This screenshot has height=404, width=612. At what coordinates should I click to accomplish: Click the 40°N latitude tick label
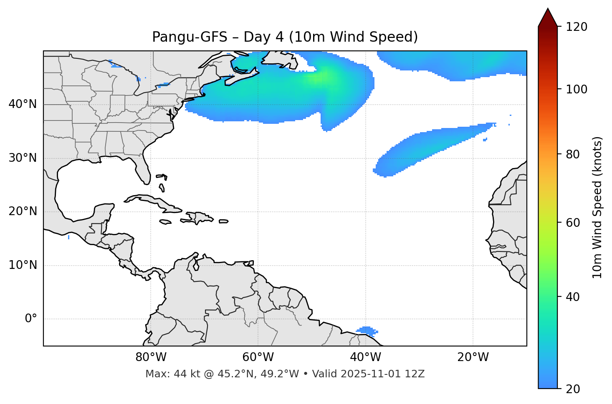tap(23, 104)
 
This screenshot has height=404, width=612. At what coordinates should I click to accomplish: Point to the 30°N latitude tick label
tap(23, 158)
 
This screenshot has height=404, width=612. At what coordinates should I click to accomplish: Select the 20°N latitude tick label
tap(23, 211)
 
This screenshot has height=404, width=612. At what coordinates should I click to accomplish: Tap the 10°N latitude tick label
tap(23, 265)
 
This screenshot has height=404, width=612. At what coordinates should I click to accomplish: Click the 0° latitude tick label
tap(31, 319)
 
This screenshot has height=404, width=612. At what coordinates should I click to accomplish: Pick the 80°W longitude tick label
tap(151, 357)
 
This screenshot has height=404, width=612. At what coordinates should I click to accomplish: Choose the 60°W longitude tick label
tap(258, 357)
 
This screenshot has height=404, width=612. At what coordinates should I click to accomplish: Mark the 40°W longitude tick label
tap(365, 357)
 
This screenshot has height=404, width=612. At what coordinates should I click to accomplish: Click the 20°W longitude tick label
tap(473, 357)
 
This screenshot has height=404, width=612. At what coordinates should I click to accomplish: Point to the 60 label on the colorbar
tap(574, 223)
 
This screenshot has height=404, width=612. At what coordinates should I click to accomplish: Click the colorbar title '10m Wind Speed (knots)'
tap(597, 207)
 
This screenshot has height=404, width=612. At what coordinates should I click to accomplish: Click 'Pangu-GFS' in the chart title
tap(189, 37)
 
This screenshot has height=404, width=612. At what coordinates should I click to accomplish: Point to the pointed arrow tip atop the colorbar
tap(548, 10)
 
